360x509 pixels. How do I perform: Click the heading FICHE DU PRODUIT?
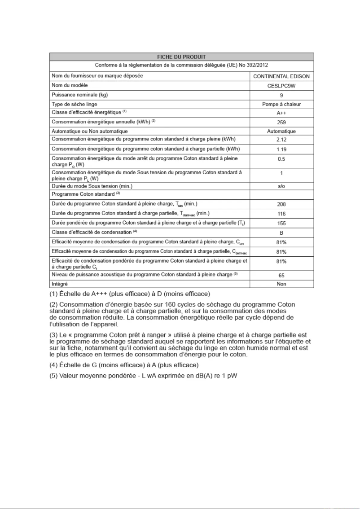click(x=181, y=57)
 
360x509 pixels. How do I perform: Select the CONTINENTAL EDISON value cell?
click(x=281, y=76)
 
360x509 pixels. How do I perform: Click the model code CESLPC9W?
click(x=281, y=86)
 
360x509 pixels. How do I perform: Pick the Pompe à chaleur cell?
click(x=281, y=104)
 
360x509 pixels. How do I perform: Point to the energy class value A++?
click(x=281, y=113)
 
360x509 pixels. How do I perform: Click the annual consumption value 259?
click(x=281, y=122)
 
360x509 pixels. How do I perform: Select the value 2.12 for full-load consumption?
click(x=281, y=140)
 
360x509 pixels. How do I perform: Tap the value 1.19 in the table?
click(x=281, y=149)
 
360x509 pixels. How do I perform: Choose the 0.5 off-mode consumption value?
click(x=281, y=159)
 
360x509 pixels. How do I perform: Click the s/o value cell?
click(x=281, y=186)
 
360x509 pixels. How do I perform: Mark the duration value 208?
click(x=281, y=204)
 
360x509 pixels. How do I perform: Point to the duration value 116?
click(x=281, y=213)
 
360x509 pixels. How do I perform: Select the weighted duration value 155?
click(x=281, y=223)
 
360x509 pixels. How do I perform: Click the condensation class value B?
click(x=281, y=233)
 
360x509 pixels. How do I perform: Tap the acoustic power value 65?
click(x=281, y=275)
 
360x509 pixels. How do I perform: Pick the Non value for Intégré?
click(x=281, y=284)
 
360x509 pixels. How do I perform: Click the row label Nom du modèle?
click(x=70, y=85)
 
